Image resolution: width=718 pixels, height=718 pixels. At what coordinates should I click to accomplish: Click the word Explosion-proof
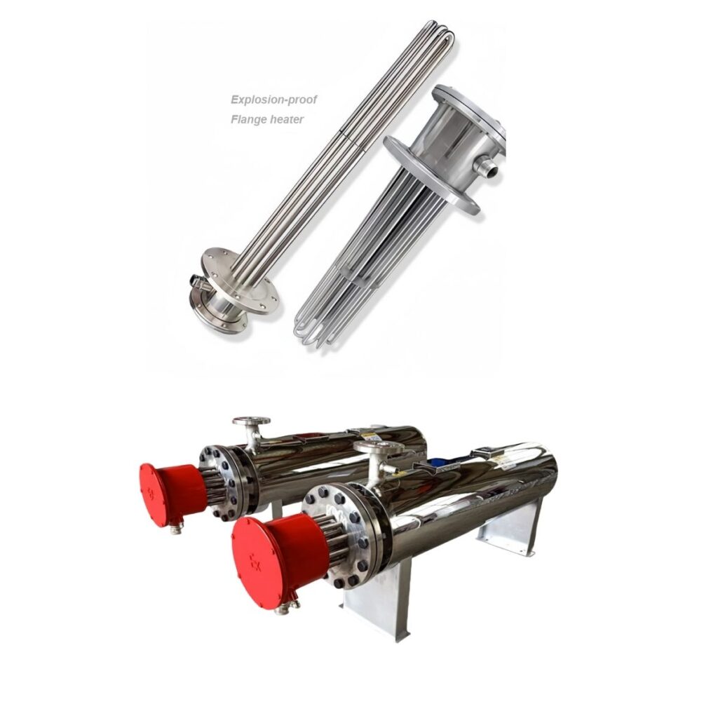(273, 100)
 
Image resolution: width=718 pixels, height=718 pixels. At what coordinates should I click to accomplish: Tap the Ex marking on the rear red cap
(151, 492)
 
